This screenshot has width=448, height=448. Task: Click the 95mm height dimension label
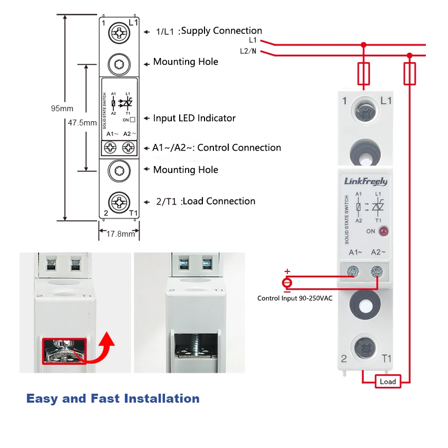62,109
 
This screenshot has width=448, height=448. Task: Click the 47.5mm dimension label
82,122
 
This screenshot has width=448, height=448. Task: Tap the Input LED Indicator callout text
194,118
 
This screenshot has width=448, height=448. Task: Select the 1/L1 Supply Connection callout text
209,31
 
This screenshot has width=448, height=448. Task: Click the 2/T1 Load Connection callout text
206,201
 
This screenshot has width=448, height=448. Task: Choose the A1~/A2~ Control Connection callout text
217,148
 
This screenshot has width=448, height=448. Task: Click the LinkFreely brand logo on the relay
365,182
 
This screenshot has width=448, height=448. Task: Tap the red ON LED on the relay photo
384,231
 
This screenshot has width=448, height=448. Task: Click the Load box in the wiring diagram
387,382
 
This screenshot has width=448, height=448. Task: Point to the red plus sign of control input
287,271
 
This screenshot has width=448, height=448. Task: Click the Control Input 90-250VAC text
295,298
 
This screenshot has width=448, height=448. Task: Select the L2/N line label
248,51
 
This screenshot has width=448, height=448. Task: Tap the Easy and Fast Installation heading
113,398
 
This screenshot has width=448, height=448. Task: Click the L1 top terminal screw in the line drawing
119,33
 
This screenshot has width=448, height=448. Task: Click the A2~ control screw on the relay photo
377,272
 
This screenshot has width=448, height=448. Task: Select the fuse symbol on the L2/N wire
410,73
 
